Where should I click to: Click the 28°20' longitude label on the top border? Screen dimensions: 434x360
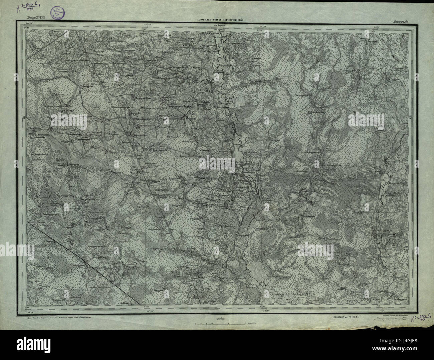click(x=147, y=24)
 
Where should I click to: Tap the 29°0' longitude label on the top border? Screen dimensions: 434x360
click(x=377, y=24)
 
